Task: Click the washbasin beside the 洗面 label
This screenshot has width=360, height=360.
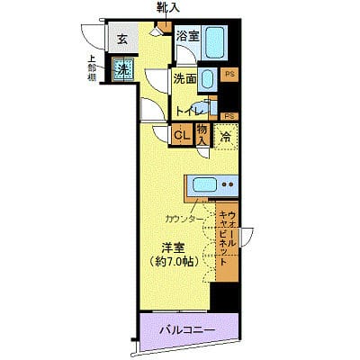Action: point(208,80)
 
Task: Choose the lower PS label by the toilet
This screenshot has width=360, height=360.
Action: point(229,115)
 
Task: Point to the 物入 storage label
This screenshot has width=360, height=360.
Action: point(202,136)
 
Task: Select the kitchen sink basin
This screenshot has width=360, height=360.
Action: point(205,184)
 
